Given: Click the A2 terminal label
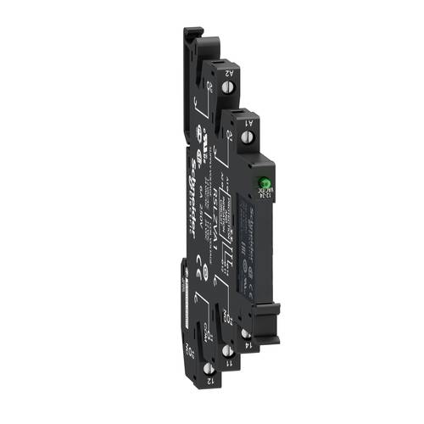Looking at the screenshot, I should [228, 74].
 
